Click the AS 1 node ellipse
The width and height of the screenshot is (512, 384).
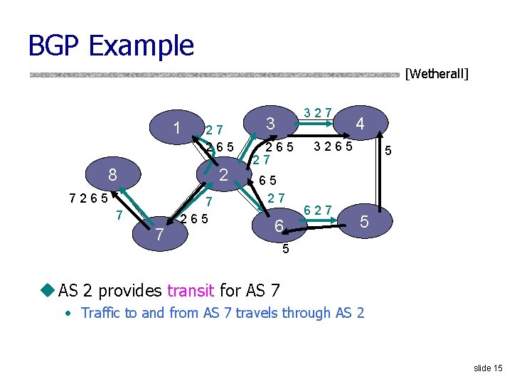click(x=176, y=128)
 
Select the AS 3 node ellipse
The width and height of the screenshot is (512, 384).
click(x=270, y=123)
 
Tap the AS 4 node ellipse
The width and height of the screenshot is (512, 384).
click(x=360, y=124)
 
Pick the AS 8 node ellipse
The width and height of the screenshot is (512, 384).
click(x=112, y=175)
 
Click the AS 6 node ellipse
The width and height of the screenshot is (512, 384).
click(x=279, y=226)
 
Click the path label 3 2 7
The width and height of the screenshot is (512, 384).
click(x=317, y=112)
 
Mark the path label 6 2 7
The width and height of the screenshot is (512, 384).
click(x=317, y=209)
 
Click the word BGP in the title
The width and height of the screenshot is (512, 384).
click(x=55, y=46)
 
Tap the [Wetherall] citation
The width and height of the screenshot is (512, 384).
click(x=436, y=73)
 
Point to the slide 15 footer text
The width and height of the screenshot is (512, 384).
click(x=488, y=368)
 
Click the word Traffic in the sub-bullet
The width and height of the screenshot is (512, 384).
click(x=104, y=313)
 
